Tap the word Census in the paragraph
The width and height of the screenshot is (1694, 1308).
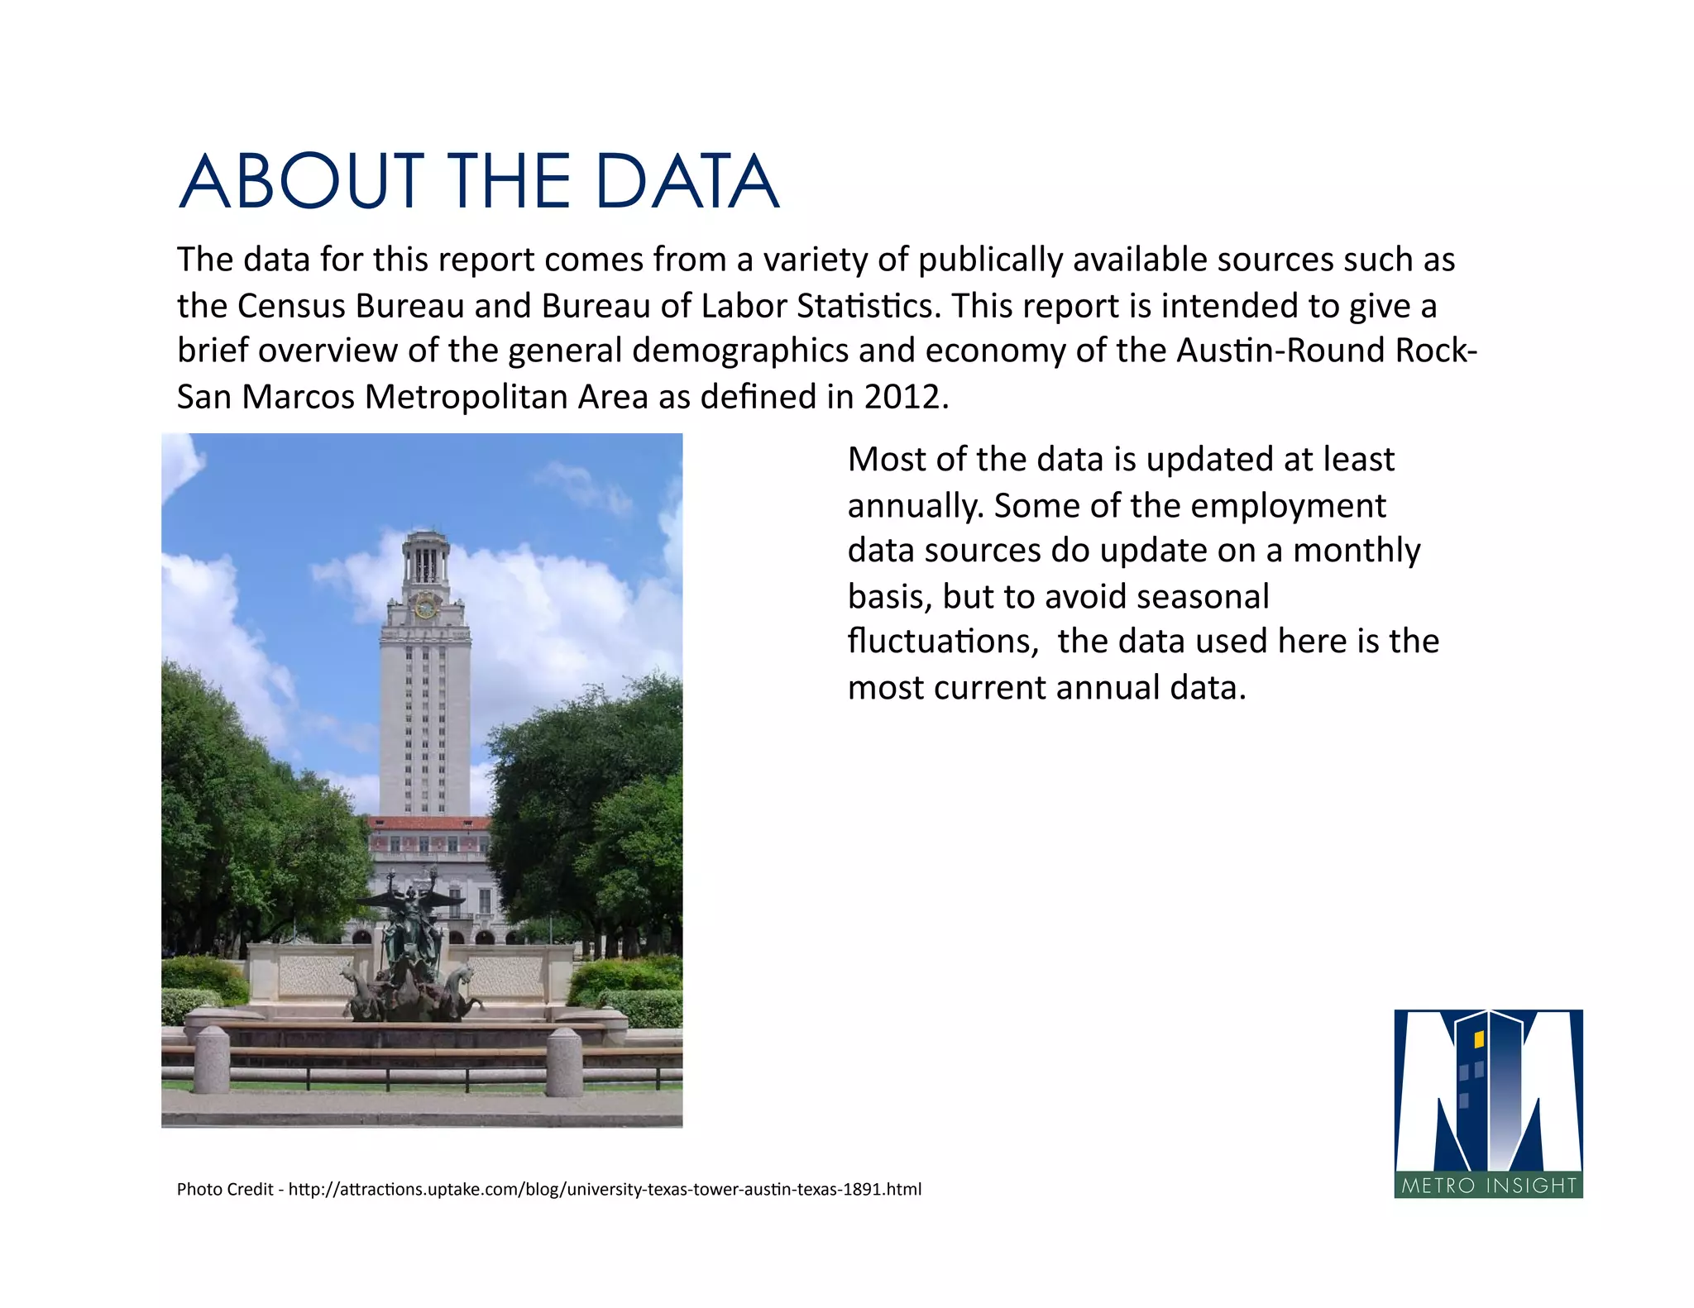[x=291, y=306]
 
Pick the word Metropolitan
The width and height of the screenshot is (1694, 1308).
[x=466, y=397]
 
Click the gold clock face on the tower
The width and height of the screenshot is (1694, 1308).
[x=425, y=608]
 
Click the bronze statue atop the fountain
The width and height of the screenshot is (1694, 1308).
[x=411, y=918]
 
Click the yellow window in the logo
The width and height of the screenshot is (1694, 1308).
[x=1479, y=1039]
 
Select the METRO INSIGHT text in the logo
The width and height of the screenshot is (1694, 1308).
[x=1489, y=1186]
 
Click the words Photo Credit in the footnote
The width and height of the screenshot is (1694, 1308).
[x=225, y=1189]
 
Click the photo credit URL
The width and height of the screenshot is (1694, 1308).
[x=605, y=1189]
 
